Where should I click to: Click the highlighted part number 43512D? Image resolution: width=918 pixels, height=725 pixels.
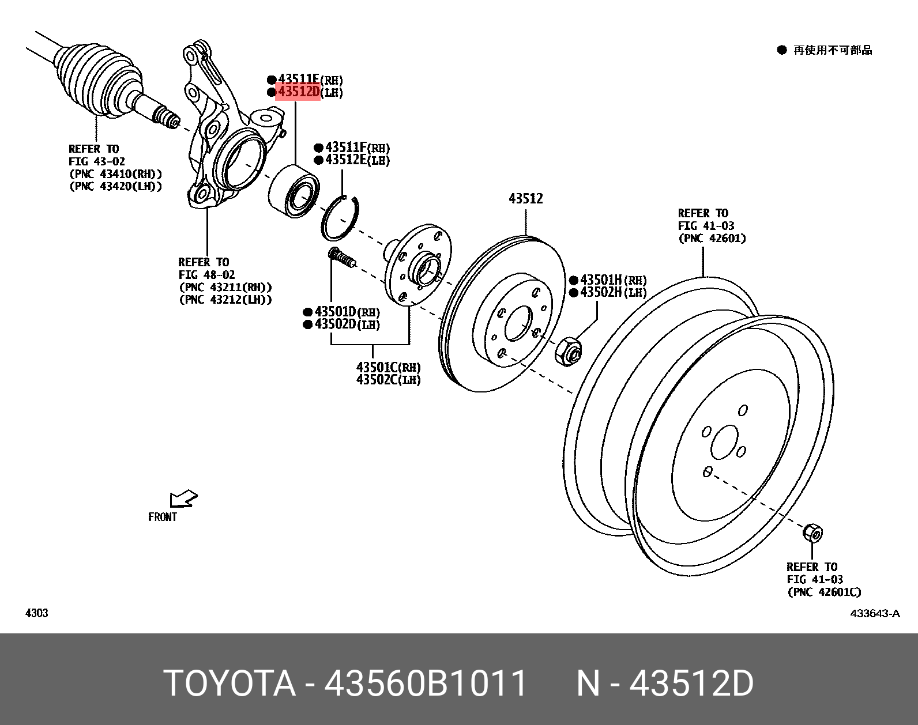click(298, 92)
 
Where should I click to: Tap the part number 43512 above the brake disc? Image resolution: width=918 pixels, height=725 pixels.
click(525, 199)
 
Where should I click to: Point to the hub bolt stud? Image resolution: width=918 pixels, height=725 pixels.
click(341, 258)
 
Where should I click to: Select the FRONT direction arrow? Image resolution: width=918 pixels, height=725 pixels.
click(183, 499)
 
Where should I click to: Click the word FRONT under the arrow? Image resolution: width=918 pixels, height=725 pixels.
click(163, 517)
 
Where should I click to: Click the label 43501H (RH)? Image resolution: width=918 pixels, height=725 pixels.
click(612, 280)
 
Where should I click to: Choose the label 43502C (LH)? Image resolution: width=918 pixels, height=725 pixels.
click(387, 380)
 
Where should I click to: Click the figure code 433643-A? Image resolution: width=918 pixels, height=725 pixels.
click(875, 613)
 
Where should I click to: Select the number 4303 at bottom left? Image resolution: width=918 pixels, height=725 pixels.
click(37, 613)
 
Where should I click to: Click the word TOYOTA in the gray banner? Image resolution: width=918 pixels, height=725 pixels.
click(230, 684)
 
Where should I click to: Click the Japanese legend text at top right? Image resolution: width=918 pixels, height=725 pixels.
click(832, 50)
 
